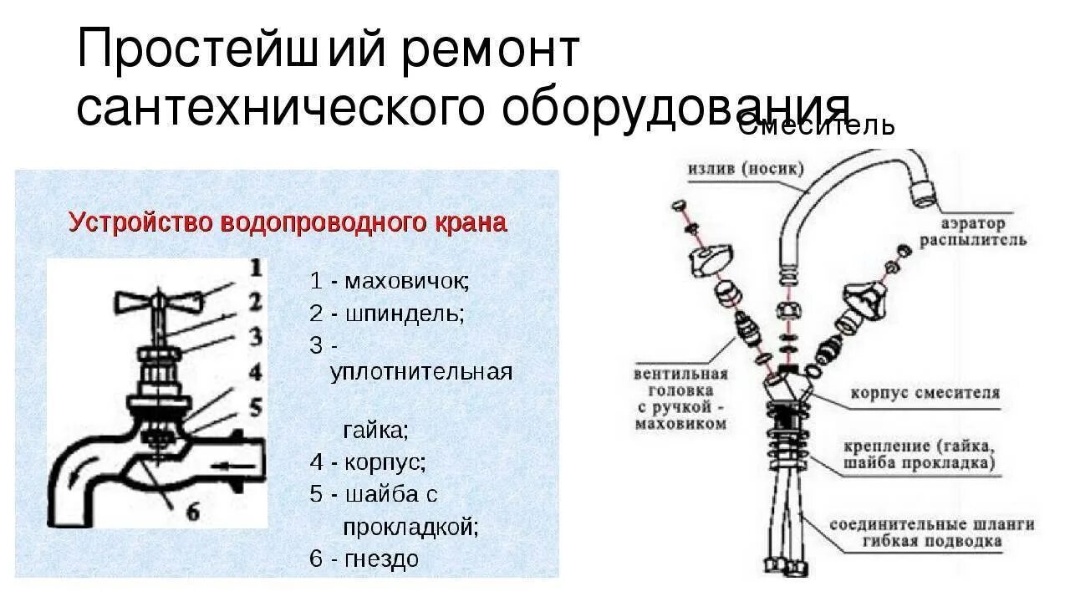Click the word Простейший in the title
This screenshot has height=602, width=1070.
(x=222, y=52)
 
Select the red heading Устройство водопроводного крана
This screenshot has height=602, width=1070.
(x=287, y=223)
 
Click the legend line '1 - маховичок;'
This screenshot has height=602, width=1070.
(x=390, y=281)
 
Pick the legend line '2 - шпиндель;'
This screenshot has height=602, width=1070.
(x=386, y=314)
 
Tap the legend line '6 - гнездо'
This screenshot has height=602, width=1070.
(x=364, y=559)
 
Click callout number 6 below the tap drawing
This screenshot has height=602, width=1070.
(x=191, y=512)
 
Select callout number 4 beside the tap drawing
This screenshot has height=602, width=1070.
(x=255, y=371)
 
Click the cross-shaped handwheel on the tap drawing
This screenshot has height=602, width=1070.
(x=158, y=303)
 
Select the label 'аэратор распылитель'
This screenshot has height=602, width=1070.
(x=972, y=232)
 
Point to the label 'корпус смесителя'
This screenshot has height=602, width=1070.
(x=925, y=392)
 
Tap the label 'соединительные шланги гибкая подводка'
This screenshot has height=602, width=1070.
(x=931, y=533)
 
